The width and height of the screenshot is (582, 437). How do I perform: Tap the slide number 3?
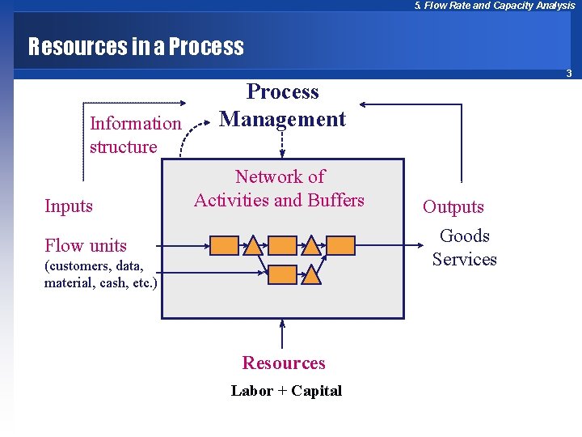(x=569, y=74)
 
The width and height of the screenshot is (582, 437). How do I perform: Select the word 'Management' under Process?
(x=283, y=119)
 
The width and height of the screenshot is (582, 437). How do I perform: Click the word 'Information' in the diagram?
(x=136, y=124)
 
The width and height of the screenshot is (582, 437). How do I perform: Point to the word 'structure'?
(x=124, y=147)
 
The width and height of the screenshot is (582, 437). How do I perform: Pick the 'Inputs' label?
(x=69, y=206)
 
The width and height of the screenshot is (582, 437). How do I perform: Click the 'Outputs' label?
(x=453, y=207)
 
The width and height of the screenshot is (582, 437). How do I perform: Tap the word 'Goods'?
(x=465, y=236)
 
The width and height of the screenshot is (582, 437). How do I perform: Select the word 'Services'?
(x=465, y=260)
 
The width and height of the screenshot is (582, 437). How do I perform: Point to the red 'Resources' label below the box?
(x=284, y=363)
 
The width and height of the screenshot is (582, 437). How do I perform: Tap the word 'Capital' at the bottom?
(x=316, y=391)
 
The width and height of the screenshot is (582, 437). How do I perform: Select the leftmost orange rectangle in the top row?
(x=224, y=245)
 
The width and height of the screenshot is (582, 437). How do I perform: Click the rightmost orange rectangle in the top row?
(x=341, y=245)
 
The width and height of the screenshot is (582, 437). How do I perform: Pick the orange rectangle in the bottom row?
(x=282, y=274)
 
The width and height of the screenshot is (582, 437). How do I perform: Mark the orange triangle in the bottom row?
(x=312, y=274)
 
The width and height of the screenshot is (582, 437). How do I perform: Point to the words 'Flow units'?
(x=86, y=245)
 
